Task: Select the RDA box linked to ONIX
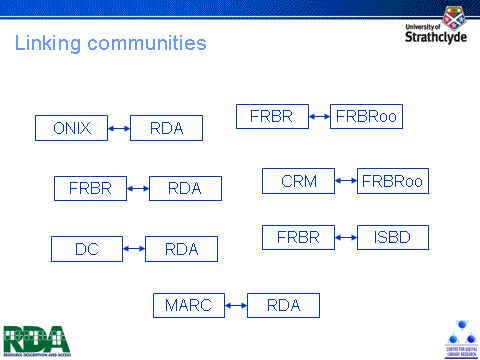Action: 166,128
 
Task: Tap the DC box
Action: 86,249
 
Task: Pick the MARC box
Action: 188,306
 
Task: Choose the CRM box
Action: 298,181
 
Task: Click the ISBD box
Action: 393,238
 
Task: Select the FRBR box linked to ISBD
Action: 298,238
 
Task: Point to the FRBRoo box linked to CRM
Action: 393,181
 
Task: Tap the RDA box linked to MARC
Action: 283,306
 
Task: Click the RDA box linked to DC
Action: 181,249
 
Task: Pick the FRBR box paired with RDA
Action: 90,188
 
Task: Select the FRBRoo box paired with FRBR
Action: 366,116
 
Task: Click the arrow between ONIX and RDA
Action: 118,128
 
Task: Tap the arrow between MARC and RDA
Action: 235,306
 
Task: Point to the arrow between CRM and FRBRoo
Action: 346,181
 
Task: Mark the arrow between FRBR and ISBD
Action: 346,238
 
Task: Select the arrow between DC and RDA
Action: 133,249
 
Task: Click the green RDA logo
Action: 36,338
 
